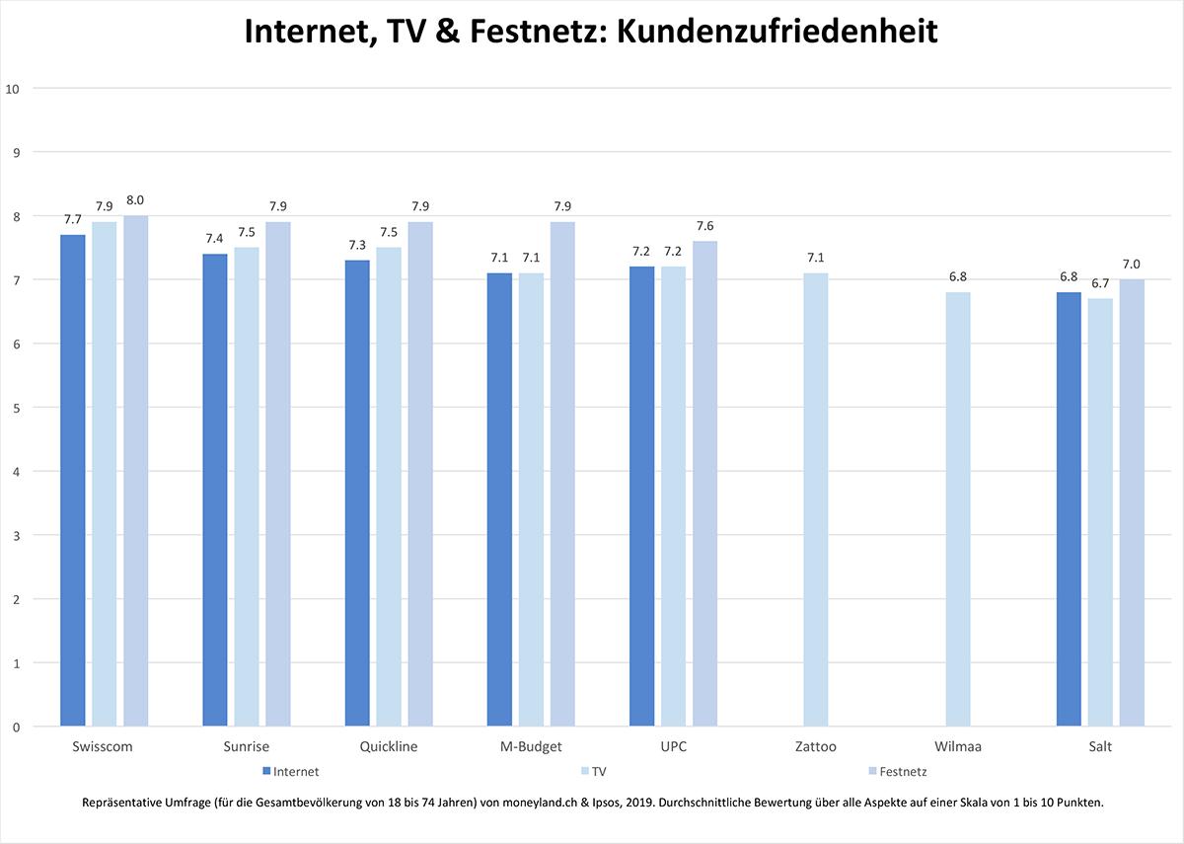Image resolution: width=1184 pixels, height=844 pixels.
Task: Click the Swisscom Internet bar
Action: click(x=72, y=482)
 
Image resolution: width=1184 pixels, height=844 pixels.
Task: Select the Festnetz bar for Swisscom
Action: click(x=135, y=472)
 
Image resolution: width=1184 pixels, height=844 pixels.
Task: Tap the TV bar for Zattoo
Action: click(x=815, y=500)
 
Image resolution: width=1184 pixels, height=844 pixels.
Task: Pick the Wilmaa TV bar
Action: click(x=957, y=510)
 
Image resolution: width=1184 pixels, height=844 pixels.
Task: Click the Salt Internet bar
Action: click(x=1069, y=510)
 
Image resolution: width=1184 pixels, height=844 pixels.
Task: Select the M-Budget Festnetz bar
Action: click(x=562, y=475)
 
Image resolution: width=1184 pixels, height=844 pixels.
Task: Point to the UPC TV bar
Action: click(x=673, y=498)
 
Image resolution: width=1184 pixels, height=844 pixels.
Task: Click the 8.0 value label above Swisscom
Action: click(x=135, y=200)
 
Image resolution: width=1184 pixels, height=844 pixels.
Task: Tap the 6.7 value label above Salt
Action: click(x=1099, y=283)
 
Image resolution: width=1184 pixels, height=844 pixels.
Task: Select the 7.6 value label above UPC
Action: click(x=704, y=226)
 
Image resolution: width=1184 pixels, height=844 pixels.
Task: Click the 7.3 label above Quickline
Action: click(x=357, y=245)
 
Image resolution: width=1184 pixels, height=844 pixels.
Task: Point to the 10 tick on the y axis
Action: click(x=13, y=88)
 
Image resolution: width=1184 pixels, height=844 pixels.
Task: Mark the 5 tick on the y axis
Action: click(x=16, y=408)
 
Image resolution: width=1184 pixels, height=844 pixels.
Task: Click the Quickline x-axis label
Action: click(x=389, y=747)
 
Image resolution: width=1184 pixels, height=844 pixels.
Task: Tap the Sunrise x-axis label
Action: click(x=246, y=747)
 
